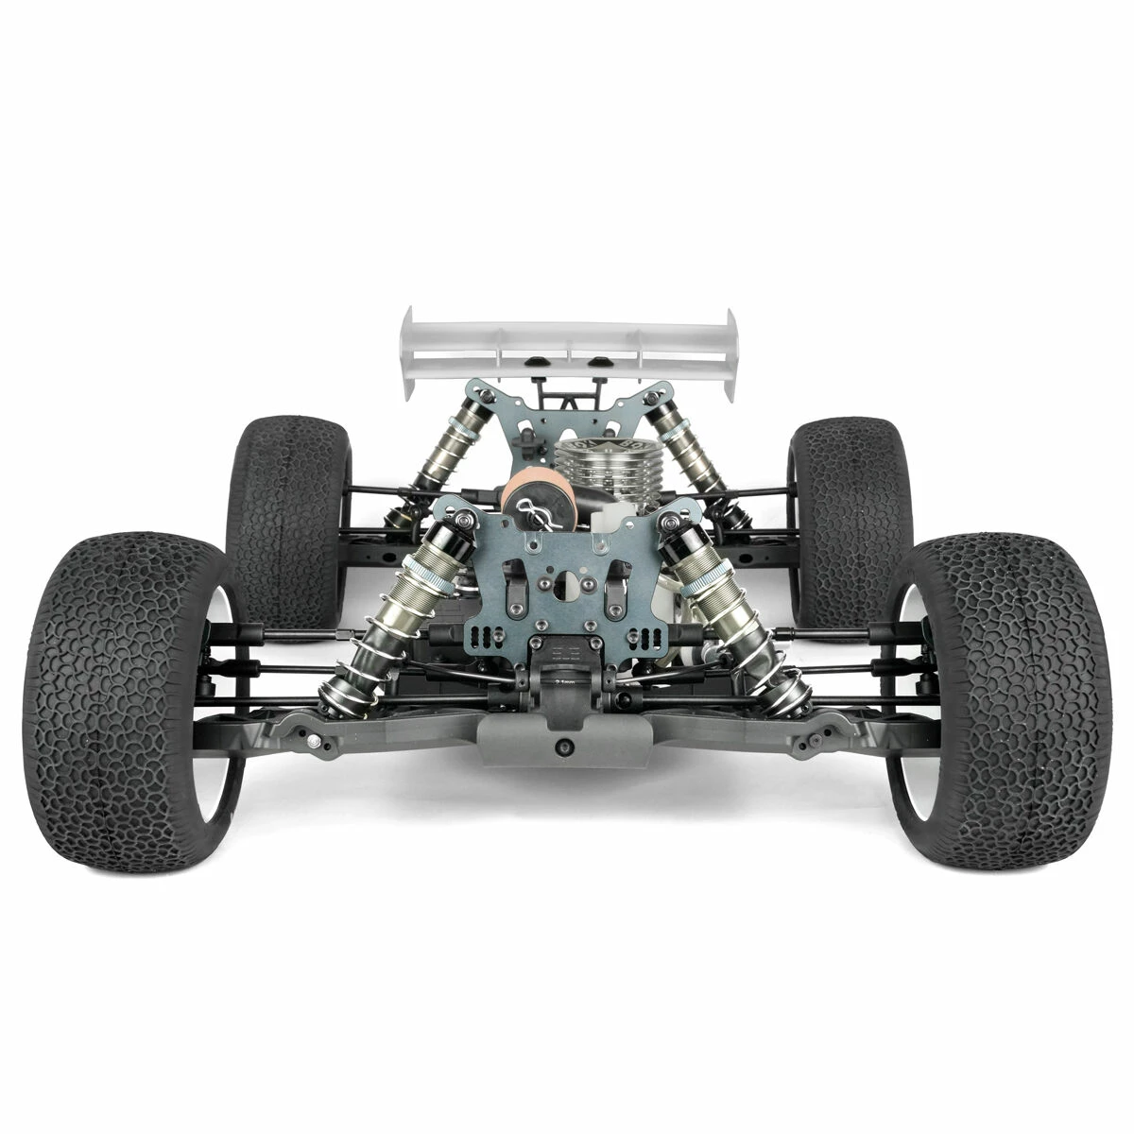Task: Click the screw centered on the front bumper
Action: (565, 747)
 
